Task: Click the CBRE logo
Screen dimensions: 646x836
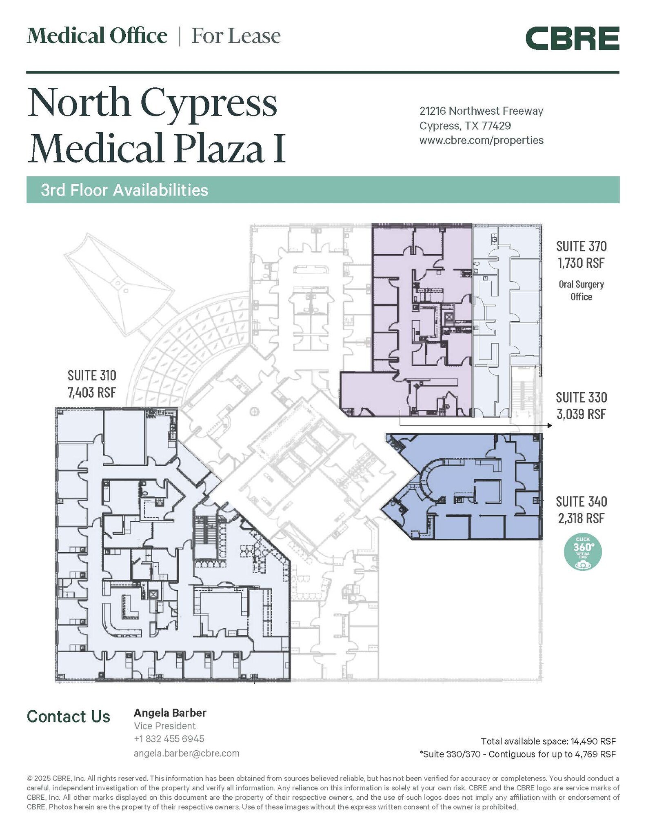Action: tap(572, 38)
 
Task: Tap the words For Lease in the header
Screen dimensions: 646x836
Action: tap(236, 36)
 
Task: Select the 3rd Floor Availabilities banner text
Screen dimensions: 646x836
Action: tap(124, 190)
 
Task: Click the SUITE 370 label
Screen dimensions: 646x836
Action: tap(581, 246)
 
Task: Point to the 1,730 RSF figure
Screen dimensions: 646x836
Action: tap(581, 263)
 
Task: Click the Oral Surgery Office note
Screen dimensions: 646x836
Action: tap(581, 290)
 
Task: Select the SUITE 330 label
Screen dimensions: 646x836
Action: tap(581, 397)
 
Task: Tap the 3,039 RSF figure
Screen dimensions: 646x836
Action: tap(581, 414)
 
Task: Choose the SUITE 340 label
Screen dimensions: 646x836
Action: tap(581, 501)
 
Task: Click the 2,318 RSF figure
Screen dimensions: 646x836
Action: tap(581, 518)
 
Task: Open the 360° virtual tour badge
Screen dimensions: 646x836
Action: tap(583, 551)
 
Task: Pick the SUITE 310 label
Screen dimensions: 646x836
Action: tap(92, 375)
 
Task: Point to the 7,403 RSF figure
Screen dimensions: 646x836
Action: tap(92, 392)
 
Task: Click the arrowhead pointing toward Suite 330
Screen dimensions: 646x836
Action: tap(550, 426)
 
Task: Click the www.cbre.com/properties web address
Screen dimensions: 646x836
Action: tap(481, 140)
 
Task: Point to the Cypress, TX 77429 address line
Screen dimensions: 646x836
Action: tap(465, 125)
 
